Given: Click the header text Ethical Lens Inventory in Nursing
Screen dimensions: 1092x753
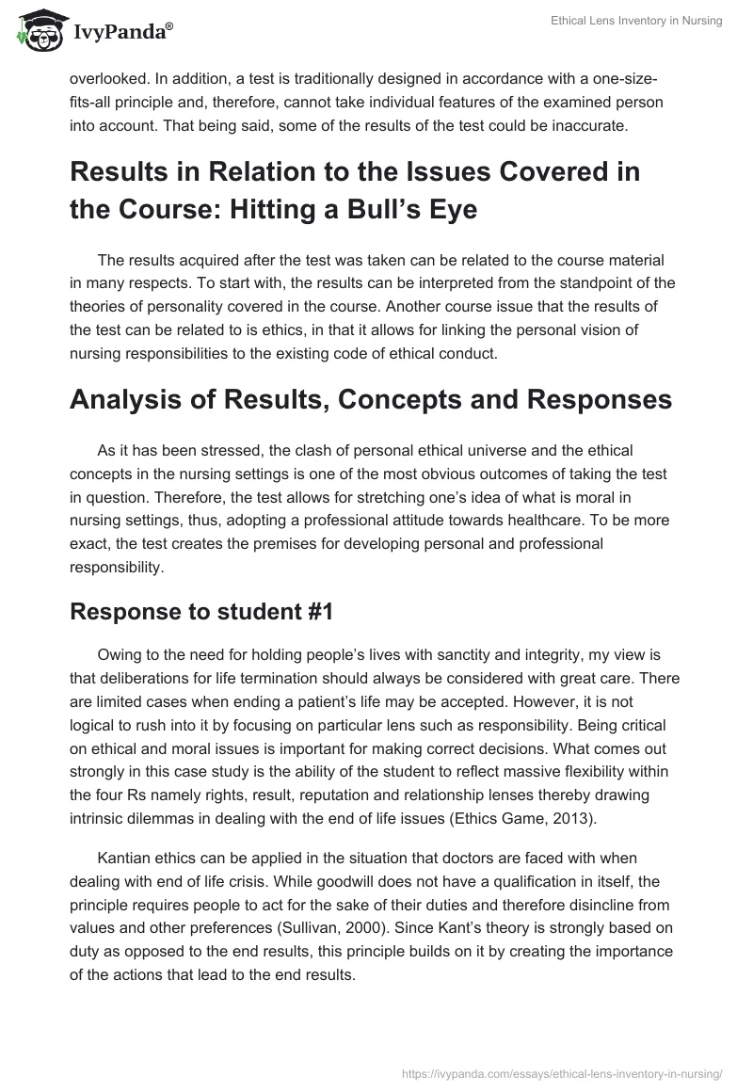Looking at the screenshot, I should (637, 22).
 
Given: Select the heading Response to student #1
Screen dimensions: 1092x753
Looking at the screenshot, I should (201, 611).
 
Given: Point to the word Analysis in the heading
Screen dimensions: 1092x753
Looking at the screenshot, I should (134, 400).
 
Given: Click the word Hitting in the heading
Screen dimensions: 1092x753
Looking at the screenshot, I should (302, 210).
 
